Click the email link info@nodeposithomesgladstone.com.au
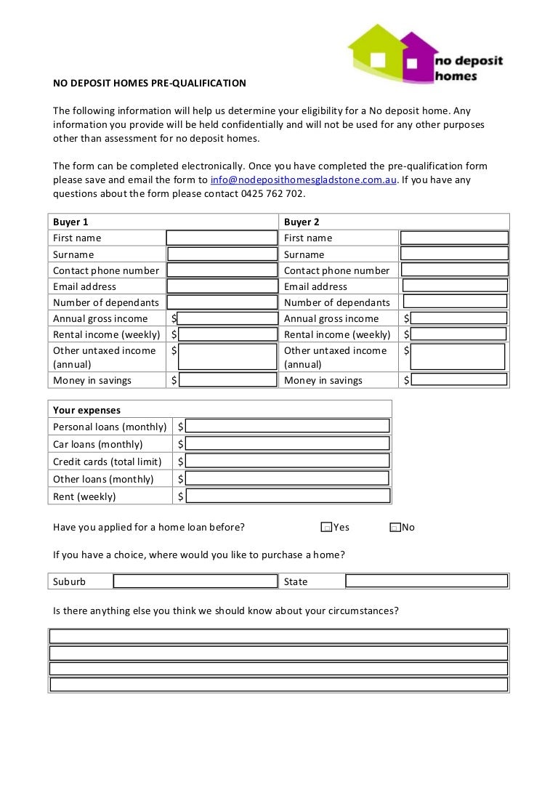(303, 180)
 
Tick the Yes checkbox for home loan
(326, 528)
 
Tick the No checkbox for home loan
(395, 528)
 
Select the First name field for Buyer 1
(222, 238)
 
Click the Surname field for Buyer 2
(455, 254)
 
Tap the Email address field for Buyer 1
(222, 286)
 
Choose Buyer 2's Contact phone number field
(455, 270)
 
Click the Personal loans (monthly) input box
(288, 427)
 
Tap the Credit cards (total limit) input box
(288, 461)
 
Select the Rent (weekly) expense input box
(288, 496)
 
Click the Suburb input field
(195, 581)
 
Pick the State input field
(426, 581)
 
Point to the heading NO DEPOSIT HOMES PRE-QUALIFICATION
(150, 83)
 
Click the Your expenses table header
(86, 410)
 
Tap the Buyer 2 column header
(302, 222)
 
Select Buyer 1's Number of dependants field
(222, 302)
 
